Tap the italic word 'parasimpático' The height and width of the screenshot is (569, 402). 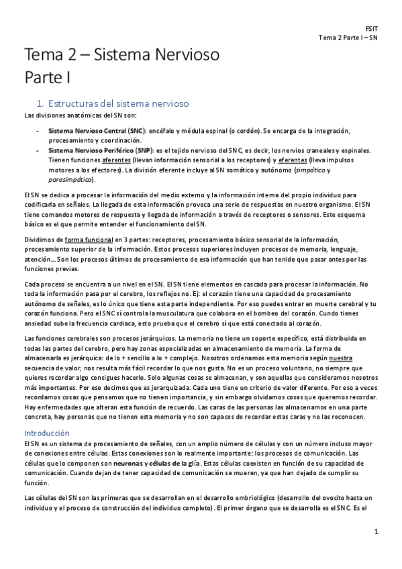(x=70, y=179)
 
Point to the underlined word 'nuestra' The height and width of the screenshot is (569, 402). (x=345, y=358)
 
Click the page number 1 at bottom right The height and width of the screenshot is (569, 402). (x=377, y=532)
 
